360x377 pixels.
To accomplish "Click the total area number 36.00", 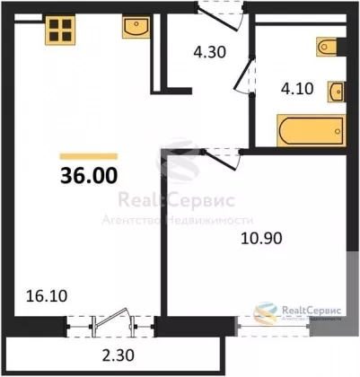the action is tap(89, 176).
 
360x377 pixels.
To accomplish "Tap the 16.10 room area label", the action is tap(47, 296).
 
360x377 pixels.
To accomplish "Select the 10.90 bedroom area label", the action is tap(261, 239).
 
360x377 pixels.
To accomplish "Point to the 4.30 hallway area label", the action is tap(209, 52).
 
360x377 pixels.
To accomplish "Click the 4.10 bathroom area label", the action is tap(297, 89).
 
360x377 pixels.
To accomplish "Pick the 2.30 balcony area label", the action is tap(118, 355).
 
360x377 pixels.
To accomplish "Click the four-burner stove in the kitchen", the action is tap(60, 30).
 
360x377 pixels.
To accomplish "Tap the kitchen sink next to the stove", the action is tap(136, 27).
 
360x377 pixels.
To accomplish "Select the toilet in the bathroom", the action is tap(327, 47).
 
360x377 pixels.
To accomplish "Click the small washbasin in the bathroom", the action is tap(337, 92).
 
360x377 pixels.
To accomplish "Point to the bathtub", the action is tap(312, 130).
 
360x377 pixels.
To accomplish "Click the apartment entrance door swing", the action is tap(221, 17).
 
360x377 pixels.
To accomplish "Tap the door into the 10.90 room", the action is tap(222, 158).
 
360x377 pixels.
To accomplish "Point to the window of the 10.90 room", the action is tap(274, 326).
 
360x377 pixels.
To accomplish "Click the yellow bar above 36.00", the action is tap(89, 156).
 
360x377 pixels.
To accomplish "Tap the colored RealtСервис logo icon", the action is tap(266, 312).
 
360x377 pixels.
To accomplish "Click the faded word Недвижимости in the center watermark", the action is tap(210, 221).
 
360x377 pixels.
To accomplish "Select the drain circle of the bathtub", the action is tap(338, 131).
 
